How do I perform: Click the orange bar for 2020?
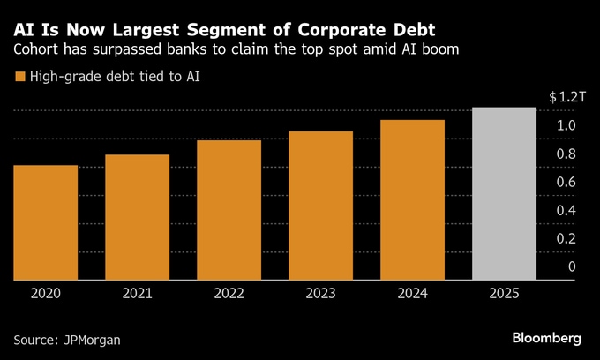point(46,222)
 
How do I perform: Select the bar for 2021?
point(137,217)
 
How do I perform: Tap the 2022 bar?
point(229,210)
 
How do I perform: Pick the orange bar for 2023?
point(320,206)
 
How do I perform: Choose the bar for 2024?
point(412,199)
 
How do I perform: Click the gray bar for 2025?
point(504,193)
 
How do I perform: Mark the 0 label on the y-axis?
point(572,266)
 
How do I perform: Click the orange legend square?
point(19,78)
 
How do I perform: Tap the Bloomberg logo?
point(546,338)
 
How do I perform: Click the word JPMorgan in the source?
point(93,339)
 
